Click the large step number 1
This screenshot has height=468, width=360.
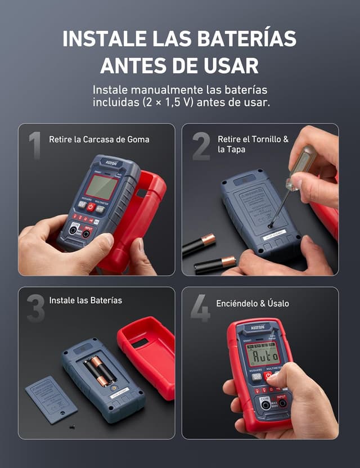35,146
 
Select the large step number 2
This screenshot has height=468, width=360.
201,146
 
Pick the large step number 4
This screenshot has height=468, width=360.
200,309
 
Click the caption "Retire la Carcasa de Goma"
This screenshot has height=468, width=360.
99,139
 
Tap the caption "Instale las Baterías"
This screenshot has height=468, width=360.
85,300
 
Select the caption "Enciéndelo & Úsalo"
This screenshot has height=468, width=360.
253,303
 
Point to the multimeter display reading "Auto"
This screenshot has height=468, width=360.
263,355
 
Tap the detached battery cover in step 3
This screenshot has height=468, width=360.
51,399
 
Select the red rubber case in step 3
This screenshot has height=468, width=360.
147,354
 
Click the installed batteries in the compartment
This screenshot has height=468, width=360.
100,371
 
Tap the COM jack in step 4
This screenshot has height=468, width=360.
265,404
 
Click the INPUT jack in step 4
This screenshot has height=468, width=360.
282,403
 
